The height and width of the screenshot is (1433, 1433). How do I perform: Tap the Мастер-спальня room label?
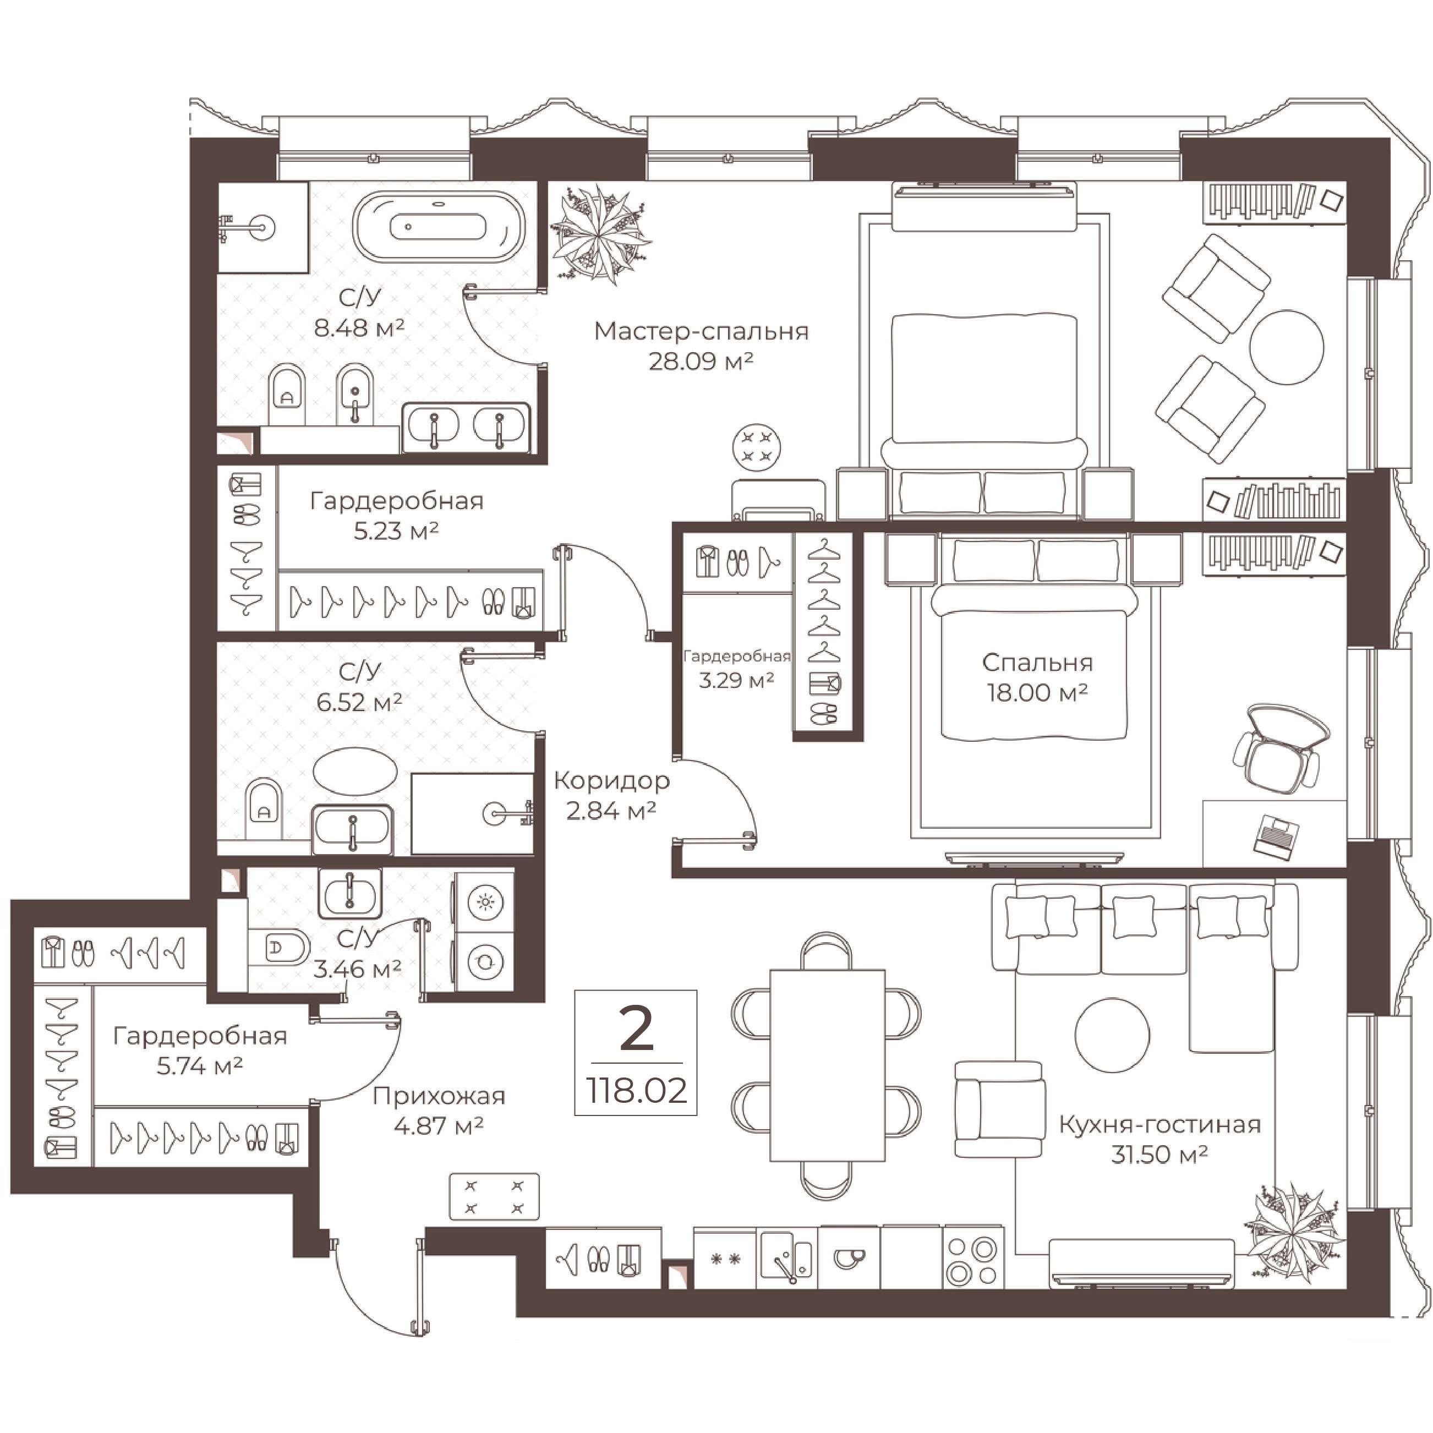click(x=701, y=331)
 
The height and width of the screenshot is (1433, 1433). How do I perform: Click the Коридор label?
click(x=611, y=780)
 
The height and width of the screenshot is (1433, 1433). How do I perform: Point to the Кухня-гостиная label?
click(x=1159, y=1124)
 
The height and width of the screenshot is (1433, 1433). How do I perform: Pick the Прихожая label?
click(x=439, y=1096)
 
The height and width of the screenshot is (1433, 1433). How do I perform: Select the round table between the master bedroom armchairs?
click(x=1286, y=346)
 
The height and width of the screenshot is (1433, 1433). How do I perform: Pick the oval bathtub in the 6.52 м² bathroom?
click(x=351, y=772)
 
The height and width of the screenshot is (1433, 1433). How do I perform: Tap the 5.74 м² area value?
click(x=200, y=1066)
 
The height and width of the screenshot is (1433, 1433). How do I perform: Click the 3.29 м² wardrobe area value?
click(x=736, y=680)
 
